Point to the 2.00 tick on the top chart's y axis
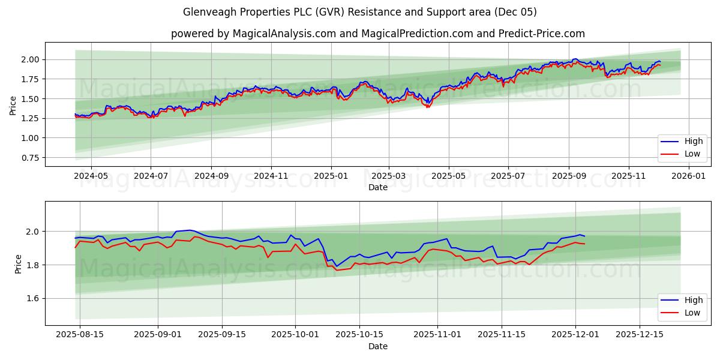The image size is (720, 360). click(x=30, y=59)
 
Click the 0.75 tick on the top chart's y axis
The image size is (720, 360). click(x=30, y=158)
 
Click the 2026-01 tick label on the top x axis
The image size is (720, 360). click(x=688, y=176)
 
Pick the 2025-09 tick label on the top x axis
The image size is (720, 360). click(x=569, y=176)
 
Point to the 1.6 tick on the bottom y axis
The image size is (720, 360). click(x=32, y=298)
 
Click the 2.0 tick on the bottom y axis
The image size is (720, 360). click(x=32, y=232)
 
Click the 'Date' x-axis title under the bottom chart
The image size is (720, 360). click(x=377, y=346)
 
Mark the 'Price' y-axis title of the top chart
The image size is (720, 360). click(x=13, y=106)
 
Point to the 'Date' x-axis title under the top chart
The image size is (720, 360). click(x=377, y=187)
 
